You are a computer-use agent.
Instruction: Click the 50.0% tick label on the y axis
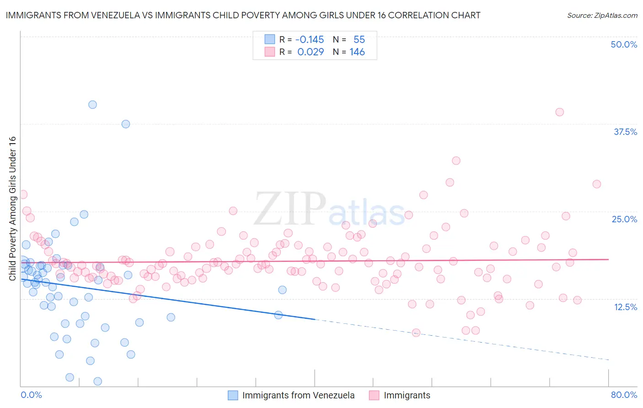(x=624, y=44)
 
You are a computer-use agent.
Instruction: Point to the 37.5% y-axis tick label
(x=625, y=132)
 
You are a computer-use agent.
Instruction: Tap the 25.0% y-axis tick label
(x=624, y=219)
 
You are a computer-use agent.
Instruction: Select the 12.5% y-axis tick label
(x=625, y=307)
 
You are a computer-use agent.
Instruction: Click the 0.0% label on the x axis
(x=31, y=395)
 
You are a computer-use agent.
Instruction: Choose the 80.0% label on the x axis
(x=624, y=395)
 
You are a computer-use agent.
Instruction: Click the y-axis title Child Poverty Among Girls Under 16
(x=12, y=209)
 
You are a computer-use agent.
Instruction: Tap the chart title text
(x=243, y=15)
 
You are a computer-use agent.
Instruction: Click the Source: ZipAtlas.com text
(x=602, y=15)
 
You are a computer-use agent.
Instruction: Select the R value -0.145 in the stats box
(x=310, y=39)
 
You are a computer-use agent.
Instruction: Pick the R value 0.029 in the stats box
(x=311, y=52)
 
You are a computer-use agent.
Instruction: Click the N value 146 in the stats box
(x=357, y=52)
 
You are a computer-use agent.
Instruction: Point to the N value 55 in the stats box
(x=359, y=39)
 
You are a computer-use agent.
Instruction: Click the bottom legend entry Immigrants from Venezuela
(x=298, y=395)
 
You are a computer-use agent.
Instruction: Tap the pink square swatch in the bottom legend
(x=374, y=395)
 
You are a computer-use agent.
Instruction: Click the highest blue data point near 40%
(x=92, y=105)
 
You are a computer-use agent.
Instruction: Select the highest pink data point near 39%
(x=559, y=112)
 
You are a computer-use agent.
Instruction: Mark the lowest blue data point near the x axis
(x=97, y=381)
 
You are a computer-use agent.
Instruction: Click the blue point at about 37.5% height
(x=126, y=124)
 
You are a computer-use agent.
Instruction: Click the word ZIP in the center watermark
(x=289, y=209)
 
